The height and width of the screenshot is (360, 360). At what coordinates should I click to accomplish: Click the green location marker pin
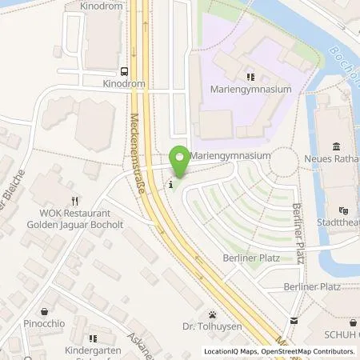coord(180,162)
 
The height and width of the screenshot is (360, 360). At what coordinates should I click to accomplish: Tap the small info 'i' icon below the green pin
coord(170,186)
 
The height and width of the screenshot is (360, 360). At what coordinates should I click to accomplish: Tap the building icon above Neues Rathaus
coord(334,146)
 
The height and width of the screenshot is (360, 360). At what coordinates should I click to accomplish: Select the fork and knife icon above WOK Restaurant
coord(74,202)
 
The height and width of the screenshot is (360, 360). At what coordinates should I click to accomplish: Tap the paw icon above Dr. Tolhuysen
coord(211,314)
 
